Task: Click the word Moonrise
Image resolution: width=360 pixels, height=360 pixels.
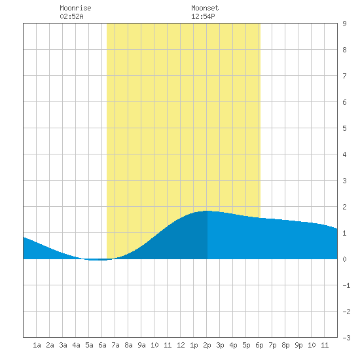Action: click(x=75, y=8)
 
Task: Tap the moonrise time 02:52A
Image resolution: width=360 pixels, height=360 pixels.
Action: click(x=71, y=16)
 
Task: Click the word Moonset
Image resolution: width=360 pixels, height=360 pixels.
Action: click(x=205, y=8)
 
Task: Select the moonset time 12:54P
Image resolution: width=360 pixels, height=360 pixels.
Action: click(x=203, y=16)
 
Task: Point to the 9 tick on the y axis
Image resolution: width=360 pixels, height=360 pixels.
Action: click(x=344, y=24)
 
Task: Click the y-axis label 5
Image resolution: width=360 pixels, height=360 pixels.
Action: click(x=344, y=128)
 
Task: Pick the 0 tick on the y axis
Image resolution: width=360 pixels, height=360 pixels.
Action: click(x=344, y=259)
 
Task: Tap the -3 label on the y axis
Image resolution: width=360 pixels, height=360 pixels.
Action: click(x=346, y=338)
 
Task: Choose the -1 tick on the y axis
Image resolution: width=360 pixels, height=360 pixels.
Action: click(x=346, y=285)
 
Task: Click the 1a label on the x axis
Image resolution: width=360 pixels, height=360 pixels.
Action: click(x=37, y=345)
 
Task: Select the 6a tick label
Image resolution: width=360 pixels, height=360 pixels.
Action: click(x=102, y=345)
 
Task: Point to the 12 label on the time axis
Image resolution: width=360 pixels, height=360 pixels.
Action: click(x=181, y=345)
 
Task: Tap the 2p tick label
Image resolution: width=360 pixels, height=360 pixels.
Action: click(x=207, y=345)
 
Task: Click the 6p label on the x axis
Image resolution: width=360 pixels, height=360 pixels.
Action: click(x=259, y=345)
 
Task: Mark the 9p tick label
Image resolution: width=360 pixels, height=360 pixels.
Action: click(x=298, y=345)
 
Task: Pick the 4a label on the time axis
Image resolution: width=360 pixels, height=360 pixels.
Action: click(x=76, y=345)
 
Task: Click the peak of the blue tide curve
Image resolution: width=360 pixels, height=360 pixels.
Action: click(x=207, y=211)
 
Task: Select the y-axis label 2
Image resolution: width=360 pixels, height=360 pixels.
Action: click(x=344, y=207)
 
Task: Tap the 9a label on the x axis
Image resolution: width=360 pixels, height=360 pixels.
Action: click(x=141, y=345)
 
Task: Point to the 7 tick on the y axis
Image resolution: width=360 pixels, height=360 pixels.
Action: click(x=344, y=76)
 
